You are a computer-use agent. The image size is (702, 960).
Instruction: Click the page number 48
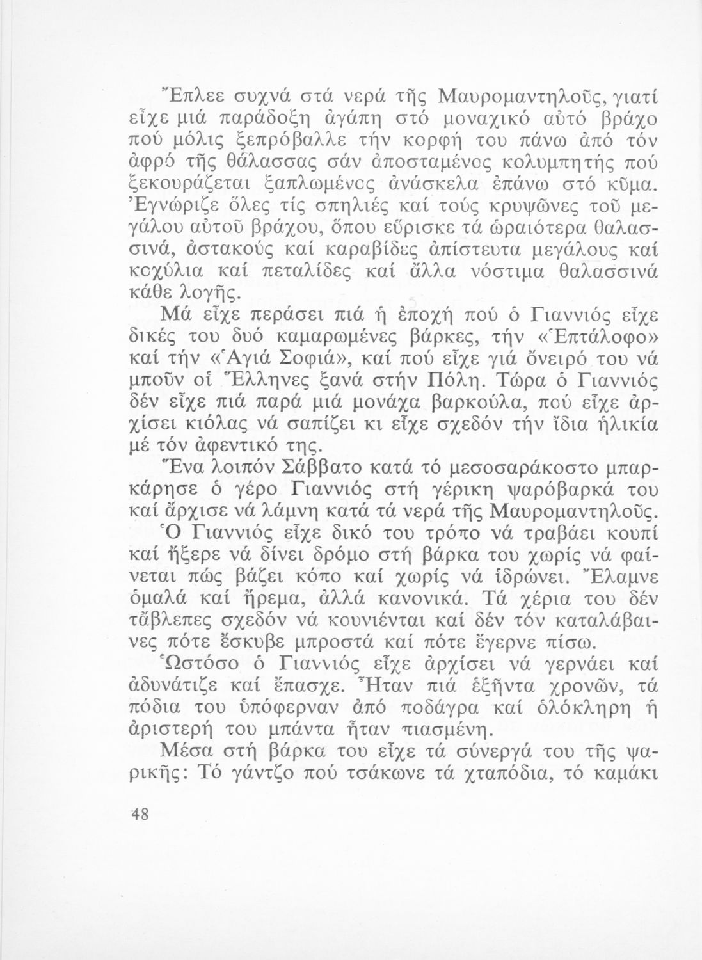click(x=138, y=814)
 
